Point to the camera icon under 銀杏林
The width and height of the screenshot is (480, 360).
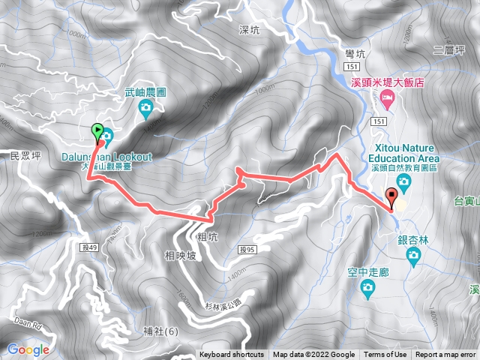[x=412, y=257]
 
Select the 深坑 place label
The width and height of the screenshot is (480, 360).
[x=248, y=30]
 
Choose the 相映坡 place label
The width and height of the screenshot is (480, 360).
[x=179, y=256]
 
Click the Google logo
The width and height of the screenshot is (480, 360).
[x=28, y=349]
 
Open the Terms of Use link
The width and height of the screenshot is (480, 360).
[x=386, y=355]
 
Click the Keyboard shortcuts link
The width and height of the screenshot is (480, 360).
[x=232, y=355]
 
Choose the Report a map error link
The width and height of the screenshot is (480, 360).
[x=446, y=355]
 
